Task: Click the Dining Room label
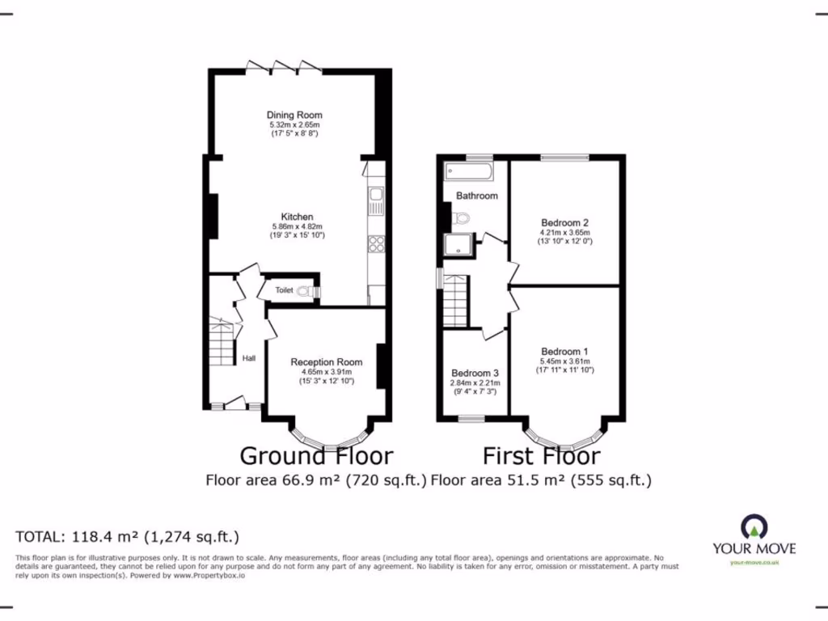[x=294, y=116]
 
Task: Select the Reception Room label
[x=326, y=362]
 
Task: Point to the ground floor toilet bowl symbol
[x=305, y=290]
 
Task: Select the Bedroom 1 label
[x=564, y=352]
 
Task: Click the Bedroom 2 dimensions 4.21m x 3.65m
[x=564, y=233]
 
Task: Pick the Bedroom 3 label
[x=475, y=373]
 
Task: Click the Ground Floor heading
[x=316, y=457]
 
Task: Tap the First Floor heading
[x=541, y=457]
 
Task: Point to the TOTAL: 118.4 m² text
[x=128, y=536]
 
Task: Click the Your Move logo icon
[x=754, y=526]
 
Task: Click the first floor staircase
[x=456, y=300]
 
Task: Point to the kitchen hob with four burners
[x=376, y=243]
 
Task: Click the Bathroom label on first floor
[x=477, y=196]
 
